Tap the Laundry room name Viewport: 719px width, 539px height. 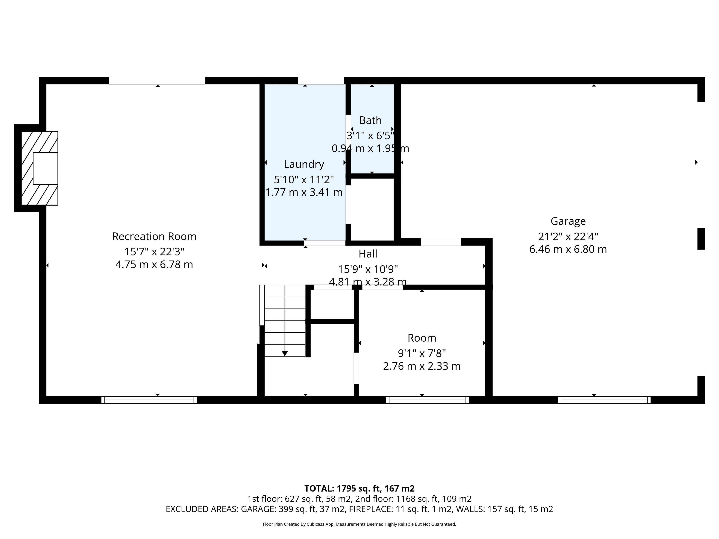(x=304, y=164)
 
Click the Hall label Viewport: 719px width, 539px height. (x=368, y=254)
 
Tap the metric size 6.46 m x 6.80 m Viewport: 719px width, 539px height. (x=568, y=249)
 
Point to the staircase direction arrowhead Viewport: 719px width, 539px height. (x=285, y=354)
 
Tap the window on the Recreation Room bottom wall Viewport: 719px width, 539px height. (x=149, y=400)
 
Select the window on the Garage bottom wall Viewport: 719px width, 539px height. (x=604, y=400)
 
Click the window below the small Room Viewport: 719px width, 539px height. (x=427, y=400)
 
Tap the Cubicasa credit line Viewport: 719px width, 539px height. (x=359, y=524)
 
